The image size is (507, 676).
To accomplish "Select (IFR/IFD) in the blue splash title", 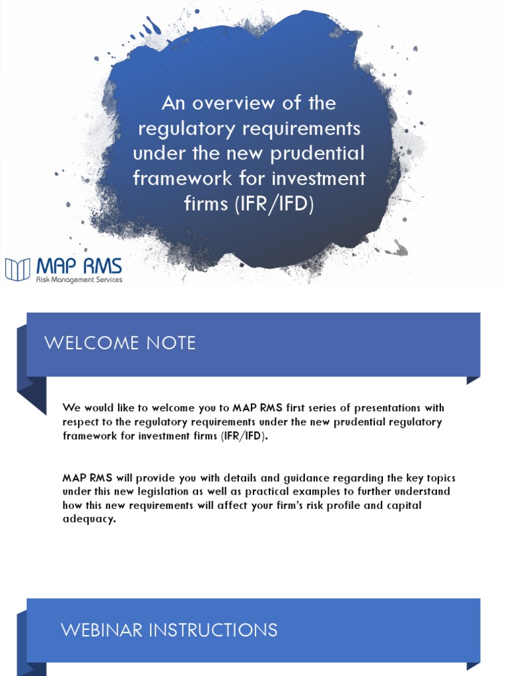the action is click(x=274, y=203).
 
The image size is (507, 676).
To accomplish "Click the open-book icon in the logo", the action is click(x=18, y=269).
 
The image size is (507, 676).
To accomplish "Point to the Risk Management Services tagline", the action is click(x=79, y=280).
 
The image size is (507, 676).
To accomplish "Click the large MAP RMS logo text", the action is click(x=79, y=265).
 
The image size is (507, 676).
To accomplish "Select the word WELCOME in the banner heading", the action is click(x=91, y=343).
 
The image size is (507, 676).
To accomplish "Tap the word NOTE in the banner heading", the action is click(x=171, y=343).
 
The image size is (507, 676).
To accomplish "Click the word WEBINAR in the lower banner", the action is click(x=102, y=630).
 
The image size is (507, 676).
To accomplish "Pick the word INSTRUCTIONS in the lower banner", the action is click(x=213, y=630).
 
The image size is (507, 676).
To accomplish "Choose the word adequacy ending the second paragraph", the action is click(x=89, y=519).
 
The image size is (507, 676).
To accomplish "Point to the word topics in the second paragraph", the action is click(x=440, y=479).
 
